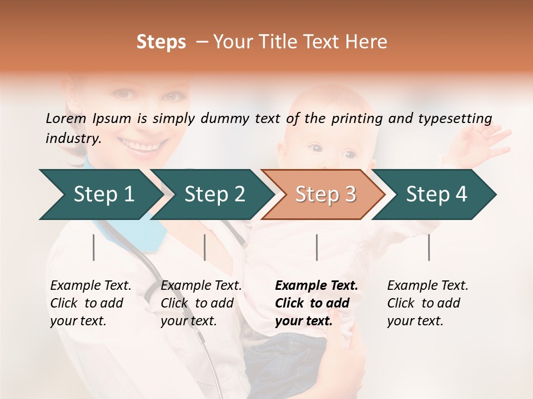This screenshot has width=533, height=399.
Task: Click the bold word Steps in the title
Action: (x=161, y=42)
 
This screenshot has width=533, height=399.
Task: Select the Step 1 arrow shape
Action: (x=100, y=194)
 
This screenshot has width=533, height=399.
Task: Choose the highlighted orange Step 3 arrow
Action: (x=325, y=194)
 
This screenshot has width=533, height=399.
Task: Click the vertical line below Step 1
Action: (x=94, y=247)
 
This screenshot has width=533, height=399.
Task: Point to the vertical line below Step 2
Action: (x=205, y=247)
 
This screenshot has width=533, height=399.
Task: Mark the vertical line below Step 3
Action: (x=317, y=247)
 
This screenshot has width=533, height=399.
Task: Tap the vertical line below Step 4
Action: (x=429, y=247)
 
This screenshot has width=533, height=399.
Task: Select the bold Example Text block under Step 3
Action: (x=316, y=303)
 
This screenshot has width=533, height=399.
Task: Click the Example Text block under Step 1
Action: (x=90, y=303)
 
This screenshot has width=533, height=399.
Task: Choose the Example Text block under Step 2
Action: (x=201, y=303)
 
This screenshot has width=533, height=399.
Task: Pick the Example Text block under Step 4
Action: (x=428, y=303)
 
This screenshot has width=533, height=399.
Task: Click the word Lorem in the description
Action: (x=66, y=118)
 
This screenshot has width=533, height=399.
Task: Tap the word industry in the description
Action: (x=72, y=139)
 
